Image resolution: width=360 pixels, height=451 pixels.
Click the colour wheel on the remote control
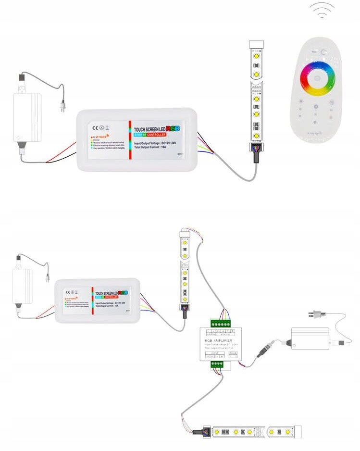click(x=317, y=77)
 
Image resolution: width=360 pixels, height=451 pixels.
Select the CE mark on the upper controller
click(x=95, y=127)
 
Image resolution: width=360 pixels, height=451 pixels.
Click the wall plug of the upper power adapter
click(x=62, y=107)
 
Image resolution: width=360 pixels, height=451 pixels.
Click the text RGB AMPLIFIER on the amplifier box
click(x=219, y=340)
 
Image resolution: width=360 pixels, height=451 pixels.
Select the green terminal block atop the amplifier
click(x=222, y=323)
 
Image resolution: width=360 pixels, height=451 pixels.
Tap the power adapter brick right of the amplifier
click(x=310, y=338)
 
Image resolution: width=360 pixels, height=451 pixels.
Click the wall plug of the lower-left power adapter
click(x=47, y=277)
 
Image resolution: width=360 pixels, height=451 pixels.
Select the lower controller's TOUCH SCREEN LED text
click(x=106, y=293)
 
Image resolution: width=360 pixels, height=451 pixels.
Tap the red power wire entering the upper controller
click(x=62, y=150)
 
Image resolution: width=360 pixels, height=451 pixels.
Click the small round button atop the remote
click(x=324, y=52)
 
